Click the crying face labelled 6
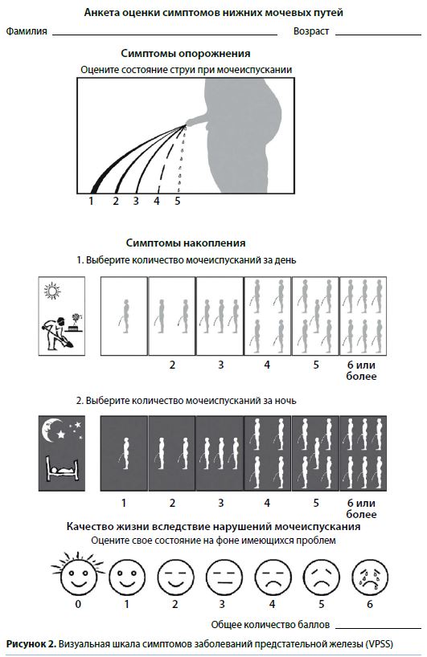(370, 577)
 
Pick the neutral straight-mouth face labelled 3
(224, 577)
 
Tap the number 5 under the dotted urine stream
(178, 201)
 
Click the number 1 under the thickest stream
(91, 201)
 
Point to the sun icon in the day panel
(52, 291)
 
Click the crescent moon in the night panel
(51, 431)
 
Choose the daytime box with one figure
(124, 316)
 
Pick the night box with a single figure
(124, 453)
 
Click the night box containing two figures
(172, 453)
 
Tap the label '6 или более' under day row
(361, 370)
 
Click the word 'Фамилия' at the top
(27, 31)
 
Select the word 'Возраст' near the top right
(311, 31)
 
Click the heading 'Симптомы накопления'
(186, 243)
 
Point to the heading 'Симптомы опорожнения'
(186, 54)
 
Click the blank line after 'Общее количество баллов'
(378, 628)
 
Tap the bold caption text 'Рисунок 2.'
(31, 644)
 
